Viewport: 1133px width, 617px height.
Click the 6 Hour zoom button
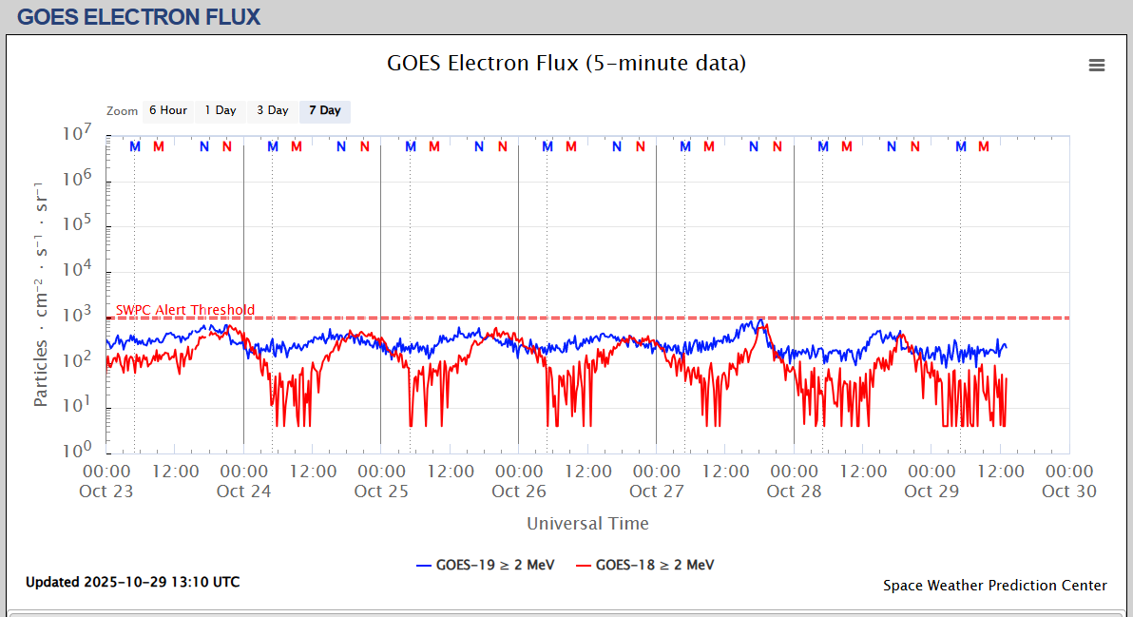pos(168,111)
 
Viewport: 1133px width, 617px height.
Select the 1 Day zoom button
pos(221,111)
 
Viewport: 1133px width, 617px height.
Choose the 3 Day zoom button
pos(273,111)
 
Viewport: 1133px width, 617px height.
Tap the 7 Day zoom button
pos(325,111)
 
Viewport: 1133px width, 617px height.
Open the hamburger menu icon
pos(1097,66)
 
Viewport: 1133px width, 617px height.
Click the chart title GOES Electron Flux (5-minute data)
pos(566,64)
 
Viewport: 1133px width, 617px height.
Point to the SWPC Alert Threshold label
pos(185,310)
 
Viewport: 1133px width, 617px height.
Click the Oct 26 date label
pos(519,492)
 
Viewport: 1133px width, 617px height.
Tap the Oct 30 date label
pos(1069,492)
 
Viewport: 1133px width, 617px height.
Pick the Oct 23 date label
pos(107,492)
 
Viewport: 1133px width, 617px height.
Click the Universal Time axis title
pos(587,524)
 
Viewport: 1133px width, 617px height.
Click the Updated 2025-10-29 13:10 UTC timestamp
pos(132,582)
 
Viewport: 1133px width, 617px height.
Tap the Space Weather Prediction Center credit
pos(994,586)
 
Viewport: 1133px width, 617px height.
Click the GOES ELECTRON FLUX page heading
pos(139,17)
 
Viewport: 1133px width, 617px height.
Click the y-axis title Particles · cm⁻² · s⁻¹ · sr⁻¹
pos(41,295)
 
